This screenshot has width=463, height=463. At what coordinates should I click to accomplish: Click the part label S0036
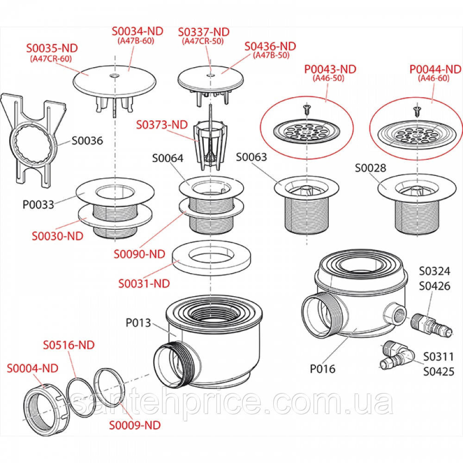click(88, 140)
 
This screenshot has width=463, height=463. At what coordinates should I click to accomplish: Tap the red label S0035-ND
click(52, 48)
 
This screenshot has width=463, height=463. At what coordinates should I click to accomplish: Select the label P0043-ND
click(330, 69)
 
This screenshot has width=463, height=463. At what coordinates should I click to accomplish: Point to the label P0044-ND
click(435, 69)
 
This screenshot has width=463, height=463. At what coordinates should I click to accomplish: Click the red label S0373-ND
click(162, 125)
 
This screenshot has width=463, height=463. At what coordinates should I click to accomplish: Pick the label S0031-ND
click(144, 284)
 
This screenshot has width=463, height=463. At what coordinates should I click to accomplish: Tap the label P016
click(323, 369)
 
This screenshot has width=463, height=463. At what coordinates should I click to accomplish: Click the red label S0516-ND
click(69, 345)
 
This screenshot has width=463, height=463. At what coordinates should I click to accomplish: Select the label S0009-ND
click(134, 425)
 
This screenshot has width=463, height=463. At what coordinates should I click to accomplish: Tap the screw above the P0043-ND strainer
click(307, 109)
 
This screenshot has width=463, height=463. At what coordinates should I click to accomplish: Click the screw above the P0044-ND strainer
click(417, 112)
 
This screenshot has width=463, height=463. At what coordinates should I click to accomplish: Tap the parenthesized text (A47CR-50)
click(203, 41)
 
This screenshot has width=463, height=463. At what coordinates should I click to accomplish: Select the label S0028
click(370, 168)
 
